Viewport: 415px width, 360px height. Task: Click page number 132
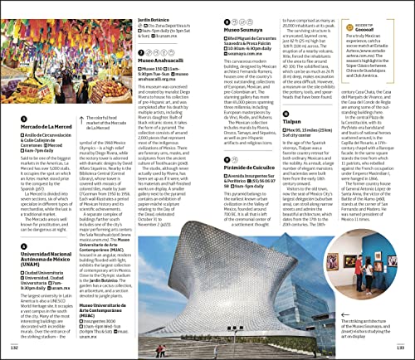13,348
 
